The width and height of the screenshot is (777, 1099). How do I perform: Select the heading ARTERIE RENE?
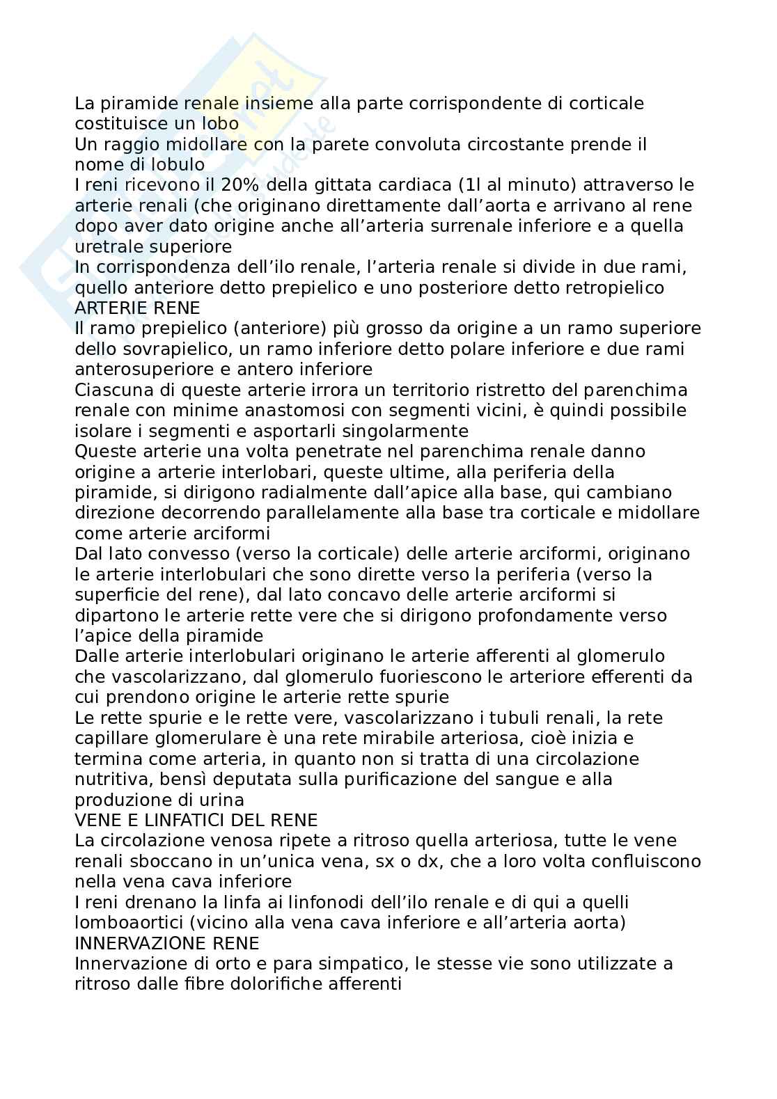click(137, 308)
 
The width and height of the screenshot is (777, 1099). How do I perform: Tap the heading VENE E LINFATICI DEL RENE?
click(196, 820)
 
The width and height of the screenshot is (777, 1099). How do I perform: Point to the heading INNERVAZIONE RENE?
click(166, 943)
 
